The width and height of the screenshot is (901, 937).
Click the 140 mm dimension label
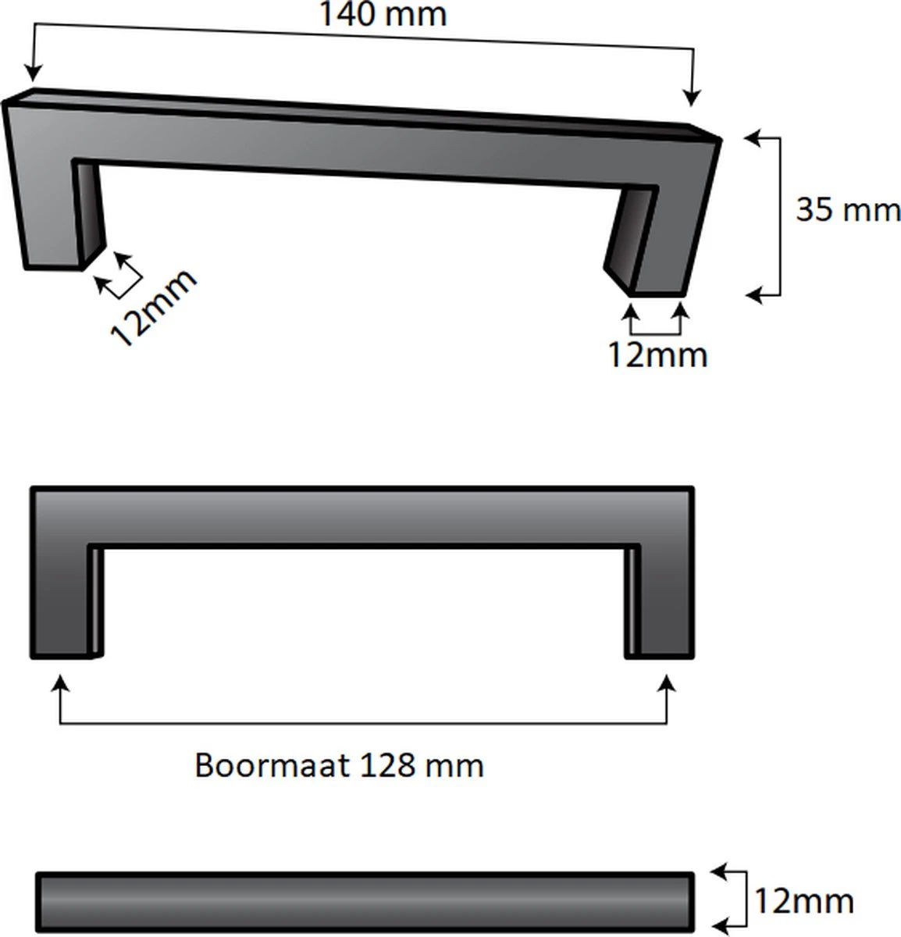(383, 15)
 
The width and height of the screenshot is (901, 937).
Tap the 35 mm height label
(847, 210)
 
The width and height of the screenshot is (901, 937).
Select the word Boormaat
(271, 765)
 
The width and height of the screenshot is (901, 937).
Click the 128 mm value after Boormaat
(422, 765)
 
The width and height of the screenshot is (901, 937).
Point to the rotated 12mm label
(152, 308)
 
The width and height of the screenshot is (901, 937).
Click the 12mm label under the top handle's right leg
(657, 355)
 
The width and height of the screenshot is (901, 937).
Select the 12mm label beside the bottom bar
(803, 901)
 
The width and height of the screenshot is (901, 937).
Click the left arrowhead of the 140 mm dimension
(32, 75)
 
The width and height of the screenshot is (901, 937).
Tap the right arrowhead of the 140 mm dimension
(691, 98)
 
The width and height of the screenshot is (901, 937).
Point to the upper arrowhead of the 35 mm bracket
(752, 138)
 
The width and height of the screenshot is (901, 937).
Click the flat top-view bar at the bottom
(365, 902)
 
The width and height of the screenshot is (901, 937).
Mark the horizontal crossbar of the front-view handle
(363, 516)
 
